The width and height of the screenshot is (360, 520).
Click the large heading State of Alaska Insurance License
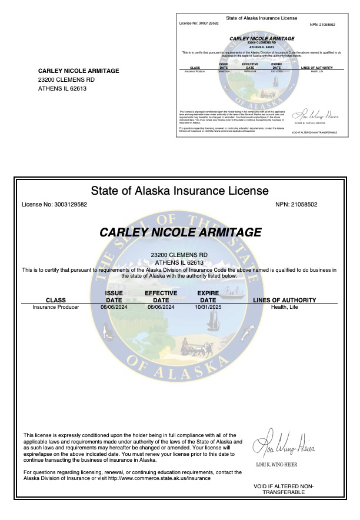179,191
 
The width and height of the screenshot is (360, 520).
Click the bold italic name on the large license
180,232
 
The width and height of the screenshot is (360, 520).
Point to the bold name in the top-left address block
78,71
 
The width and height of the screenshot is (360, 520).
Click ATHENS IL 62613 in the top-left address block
62,89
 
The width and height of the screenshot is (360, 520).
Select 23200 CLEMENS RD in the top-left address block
66,80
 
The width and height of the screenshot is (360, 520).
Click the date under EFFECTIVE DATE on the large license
161,307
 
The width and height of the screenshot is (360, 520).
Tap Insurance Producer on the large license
56,307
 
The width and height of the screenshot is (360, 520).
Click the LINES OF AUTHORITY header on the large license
285,300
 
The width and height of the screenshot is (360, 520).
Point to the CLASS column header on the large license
56,300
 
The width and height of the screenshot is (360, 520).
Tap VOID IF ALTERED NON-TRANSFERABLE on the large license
284,489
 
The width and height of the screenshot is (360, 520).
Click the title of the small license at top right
261,18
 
